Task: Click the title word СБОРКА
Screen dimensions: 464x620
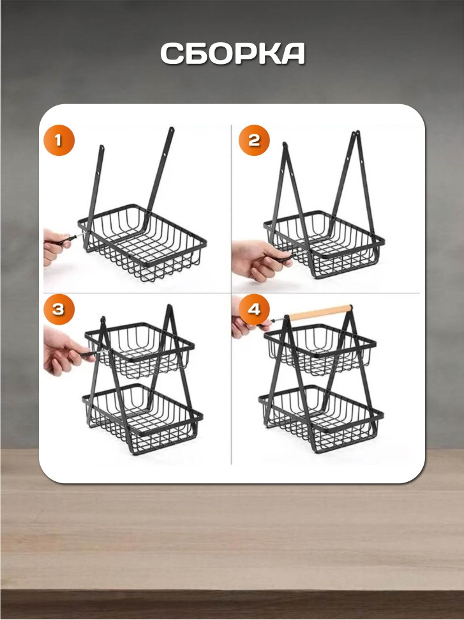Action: coord(232,54)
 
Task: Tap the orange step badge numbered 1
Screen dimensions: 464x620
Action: coord(59,140)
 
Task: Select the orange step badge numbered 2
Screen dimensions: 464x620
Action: coord(254,140)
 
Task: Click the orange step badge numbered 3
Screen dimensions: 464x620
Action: coord(59,309)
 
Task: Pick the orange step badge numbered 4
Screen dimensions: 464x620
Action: coord(254,309)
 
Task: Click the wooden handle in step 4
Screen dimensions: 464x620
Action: coord(320,313)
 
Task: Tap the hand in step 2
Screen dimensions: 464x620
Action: coord(258,260)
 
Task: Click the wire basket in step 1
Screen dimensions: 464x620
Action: coord(142,242)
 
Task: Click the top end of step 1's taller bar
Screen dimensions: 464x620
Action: coord(172,128)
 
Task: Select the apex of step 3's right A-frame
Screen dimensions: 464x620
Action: coord(169,306)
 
